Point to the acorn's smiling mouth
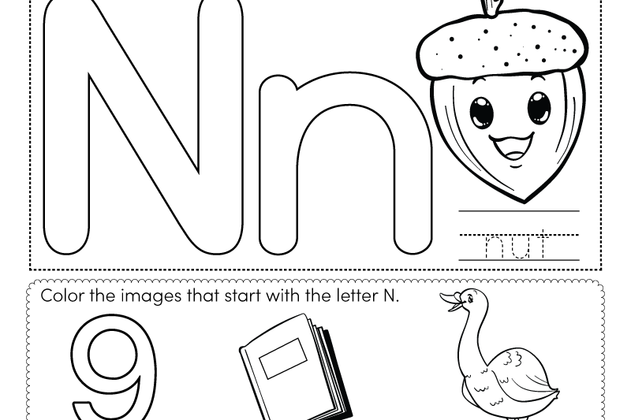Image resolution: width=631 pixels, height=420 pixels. pos(511,146)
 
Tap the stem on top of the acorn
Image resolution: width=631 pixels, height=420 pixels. pos(492,7)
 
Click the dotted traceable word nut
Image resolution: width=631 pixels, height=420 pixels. pos(518,246)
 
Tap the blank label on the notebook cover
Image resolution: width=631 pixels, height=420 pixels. pos(283,359)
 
